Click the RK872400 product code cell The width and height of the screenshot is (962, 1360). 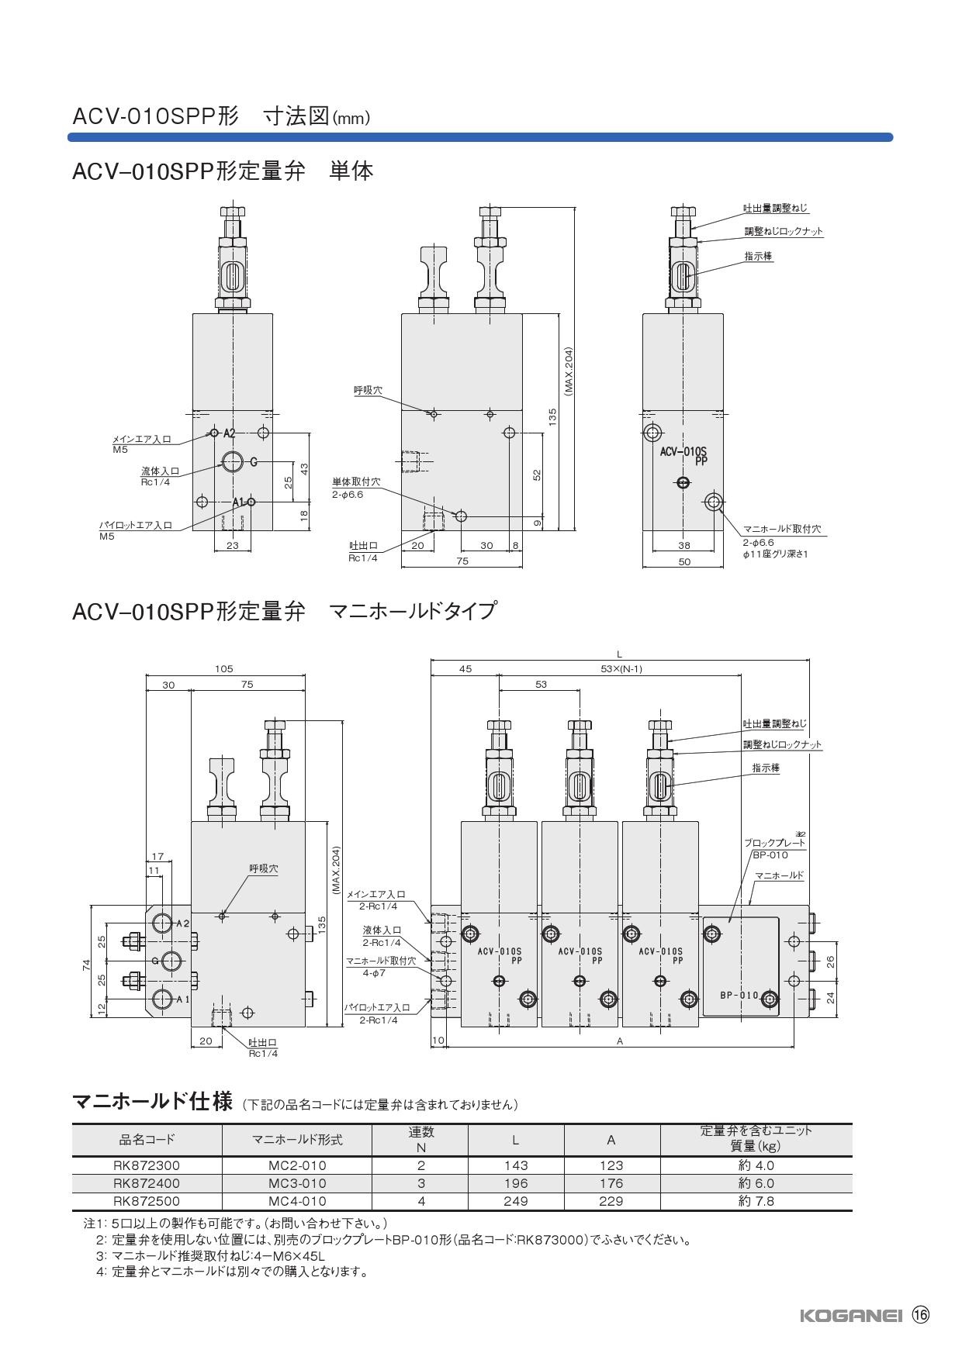(147, 1183)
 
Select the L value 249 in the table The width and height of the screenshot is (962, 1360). (515, 1201)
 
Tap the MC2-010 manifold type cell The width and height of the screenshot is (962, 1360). (297, 1165)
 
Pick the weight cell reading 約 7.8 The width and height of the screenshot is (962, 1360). (756, 1201)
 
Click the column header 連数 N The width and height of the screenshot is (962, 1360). (421, 1139)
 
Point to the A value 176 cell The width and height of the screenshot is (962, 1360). (611, 1183)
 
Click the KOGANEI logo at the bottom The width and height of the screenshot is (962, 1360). (850, 1315)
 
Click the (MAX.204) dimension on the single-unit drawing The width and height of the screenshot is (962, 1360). (568, 371)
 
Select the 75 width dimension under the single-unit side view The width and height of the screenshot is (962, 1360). (462, 561)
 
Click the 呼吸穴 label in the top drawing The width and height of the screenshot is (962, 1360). (368, 391)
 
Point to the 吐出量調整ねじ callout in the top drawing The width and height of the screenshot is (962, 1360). (776, 209)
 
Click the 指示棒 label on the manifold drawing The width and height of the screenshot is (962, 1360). (765, 768)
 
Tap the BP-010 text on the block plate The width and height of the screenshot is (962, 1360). (738, 996)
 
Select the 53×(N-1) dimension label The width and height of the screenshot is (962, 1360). (621, 669)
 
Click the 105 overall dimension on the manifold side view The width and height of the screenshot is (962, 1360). (224, 668)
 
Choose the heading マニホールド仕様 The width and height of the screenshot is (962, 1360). (152, 1101)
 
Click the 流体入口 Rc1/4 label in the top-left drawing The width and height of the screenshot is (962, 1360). (160, 475)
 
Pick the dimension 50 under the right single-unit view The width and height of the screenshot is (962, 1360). (683, 561)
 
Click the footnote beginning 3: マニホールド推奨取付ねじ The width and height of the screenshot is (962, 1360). (209, 1255)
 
